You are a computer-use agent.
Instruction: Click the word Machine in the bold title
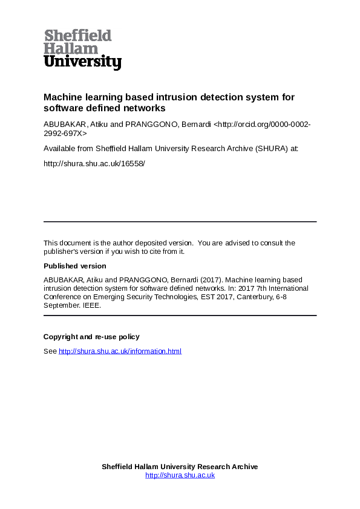point(62,97)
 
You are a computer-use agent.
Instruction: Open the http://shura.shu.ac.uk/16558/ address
point(94,163)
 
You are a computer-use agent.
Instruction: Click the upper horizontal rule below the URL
point(180,222)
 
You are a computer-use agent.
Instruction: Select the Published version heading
point(74,266)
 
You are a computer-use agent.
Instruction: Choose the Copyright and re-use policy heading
point(91,337)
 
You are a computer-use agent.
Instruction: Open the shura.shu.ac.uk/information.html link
point(120,351)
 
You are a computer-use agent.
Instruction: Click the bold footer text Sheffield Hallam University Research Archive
point(180,467)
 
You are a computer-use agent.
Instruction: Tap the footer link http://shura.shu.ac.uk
point(180,475)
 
